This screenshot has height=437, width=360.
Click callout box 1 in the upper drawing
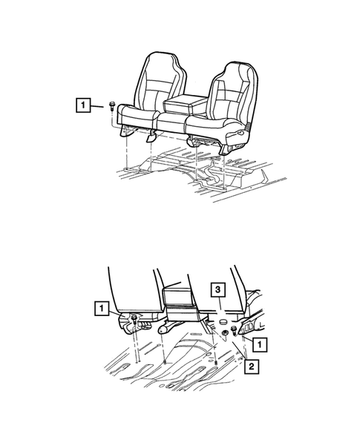pyautogui.click(x=83, y=105)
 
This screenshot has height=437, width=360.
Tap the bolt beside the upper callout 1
pyautogui.click(x=112, y=106)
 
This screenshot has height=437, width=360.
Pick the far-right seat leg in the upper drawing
pyautogui.click(x=225, y=150)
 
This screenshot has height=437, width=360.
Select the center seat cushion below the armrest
pyautogui.click(x=172, y=123)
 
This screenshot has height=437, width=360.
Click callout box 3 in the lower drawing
pyautogui.click(x=217, y=290)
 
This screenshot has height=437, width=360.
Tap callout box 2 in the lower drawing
pyautogui.click(x=252, y=367)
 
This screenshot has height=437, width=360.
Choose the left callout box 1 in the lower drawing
pyautogui.click(x=102, y=308)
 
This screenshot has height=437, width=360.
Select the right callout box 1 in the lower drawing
pyautogui.click(x=260, y=344)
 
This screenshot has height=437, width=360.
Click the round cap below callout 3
pyautogui.click(x=223, y=323)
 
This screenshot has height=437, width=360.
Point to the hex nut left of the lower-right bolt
pyautogui.click(x=224, y=333)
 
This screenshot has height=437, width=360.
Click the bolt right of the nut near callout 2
pyautogui.click(x=234, y=331)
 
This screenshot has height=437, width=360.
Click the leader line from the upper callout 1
pyautogui.click(x=97, y=106)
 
